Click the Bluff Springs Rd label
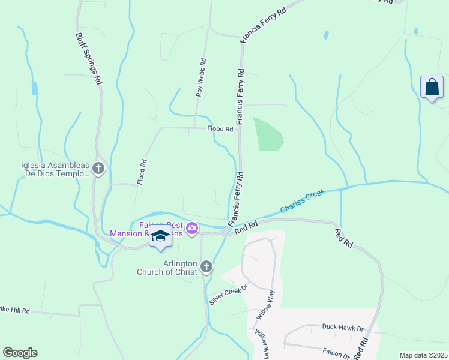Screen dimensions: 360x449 (x=88, y=58)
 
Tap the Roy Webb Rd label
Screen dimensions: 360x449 (x=201, y=77)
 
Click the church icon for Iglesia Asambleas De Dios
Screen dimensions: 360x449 (x=98, y=169)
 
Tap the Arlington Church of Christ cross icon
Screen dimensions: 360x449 (x=206, y=266)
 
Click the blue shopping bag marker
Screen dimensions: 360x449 (x=432, y=88)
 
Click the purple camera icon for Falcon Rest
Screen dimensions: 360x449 (x=192, y=228)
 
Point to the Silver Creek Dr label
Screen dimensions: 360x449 (x=228, y=295)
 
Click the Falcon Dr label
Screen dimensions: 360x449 (x=336, y=354)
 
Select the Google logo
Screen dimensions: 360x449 (x=20, y=353)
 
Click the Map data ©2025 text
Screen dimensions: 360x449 (x=423, y=355)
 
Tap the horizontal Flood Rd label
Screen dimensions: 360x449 (x=220, y=129)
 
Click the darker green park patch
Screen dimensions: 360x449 (x=267, y=135)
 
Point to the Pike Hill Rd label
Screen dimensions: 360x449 (x=14, y=310)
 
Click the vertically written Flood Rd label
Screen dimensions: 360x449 (x=142, y=172)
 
